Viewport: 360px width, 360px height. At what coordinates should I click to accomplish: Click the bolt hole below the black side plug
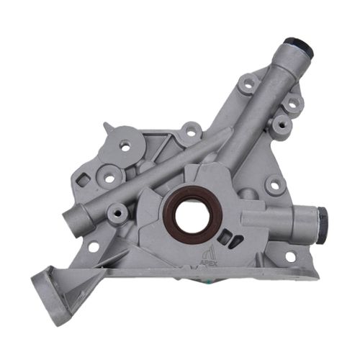coord(289,256)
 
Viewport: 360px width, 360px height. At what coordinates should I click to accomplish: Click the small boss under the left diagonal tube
coord(117,213)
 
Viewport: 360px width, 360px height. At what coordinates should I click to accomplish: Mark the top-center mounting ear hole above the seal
coord(192,132)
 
